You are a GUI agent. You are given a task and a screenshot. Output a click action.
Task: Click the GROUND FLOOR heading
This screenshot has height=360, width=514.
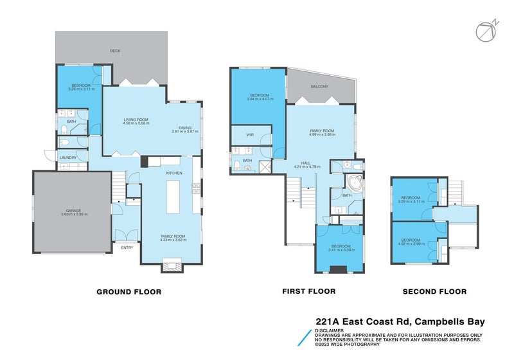click(x=128, y=291)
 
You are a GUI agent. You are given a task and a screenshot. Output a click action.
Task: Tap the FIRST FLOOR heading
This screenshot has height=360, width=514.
click(x=308, y=291)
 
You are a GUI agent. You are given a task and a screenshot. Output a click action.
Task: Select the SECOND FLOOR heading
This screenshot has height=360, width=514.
click(x=434, y=291)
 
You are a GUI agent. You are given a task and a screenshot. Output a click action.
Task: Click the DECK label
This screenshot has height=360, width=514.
click(x=115, y=50)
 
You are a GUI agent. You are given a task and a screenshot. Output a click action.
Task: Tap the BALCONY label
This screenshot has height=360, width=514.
click(x=319, y=86)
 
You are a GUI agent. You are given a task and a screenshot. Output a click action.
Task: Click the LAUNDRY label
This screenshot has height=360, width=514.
click(x=68, y=157)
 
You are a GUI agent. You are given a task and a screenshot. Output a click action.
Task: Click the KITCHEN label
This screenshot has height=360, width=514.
click(x=174, y=173)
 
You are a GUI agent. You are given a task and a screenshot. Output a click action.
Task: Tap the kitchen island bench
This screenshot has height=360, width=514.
click(x=172, y=197)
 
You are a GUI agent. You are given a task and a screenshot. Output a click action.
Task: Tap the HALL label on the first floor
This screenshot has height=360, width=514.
click(x=306, y=163)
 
